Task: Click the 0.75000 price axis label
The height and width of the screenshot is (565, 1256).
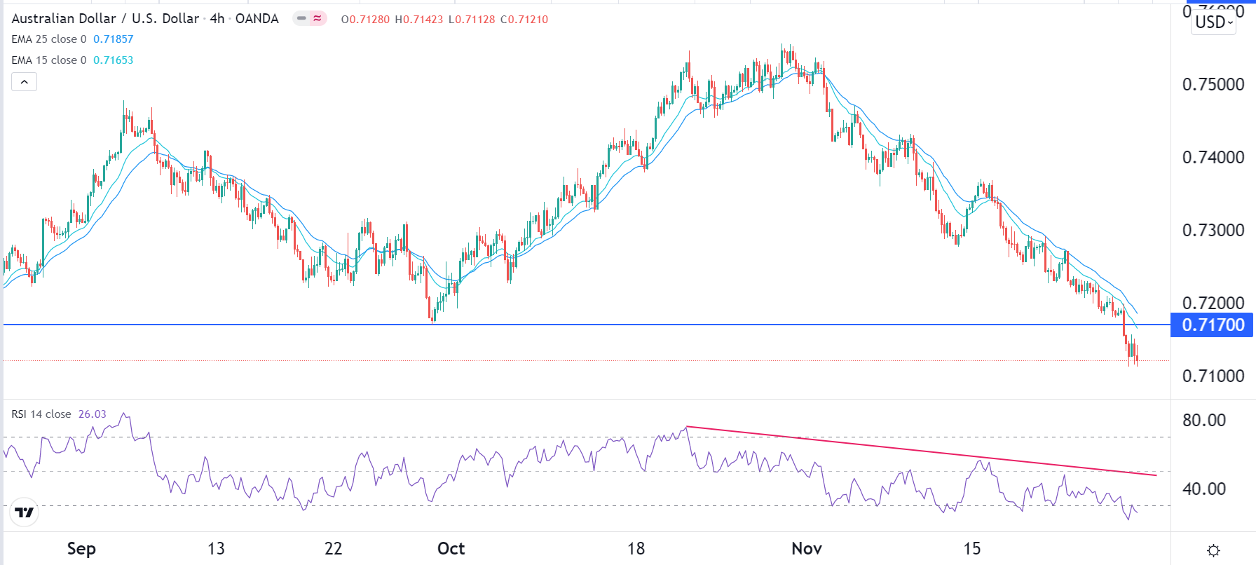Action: coord(1213,84)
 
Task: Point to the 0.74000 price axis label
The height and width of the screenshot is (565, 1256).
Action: coord(1213,157)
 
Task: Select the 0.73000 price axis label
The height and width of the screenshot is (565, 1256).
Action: coord(1213,230)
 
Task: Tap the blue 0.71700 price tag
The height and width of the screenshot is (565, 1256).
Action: coord(1213,325)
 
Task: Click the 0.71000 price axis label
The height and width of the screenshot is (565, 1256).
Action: coord(1213,376)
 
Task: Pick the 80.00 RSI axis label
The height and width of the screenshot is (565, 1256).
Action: coord(1204,421)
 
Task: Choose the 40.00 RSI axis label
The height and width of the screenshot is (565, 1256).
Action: coord(1204,489)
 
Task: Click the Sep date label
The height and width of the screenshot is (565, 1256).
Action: coord(81,548)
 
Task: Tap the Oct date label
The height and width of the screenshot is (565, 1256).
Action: coord(451,548)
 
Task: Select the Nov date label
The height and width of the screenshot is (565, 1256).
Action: coord(806,548)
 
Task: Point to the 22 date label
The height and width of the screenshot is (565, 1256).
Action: coord(333,548)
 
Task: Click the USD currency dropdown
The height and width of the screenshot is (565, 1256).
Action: coord(1214,22)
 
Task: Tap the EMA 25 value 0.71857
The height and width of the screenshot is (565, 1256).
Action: coord(113,39)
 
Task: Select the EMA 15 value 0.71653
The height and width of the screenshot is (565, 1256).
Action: coord(113,60)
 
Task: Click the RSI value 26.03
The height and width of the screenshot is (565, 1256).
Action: coord(92,414)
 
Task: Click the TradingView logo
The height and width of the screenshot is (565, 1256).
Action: coord(25,512)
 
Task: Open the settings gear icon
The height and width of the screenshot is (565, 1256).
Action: coord(1214,550)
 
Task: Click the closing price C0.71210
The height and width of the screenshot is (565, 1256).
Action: coord(524,20)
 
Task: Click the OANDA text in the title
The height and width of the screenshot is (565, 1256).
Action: coord(257,19)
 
